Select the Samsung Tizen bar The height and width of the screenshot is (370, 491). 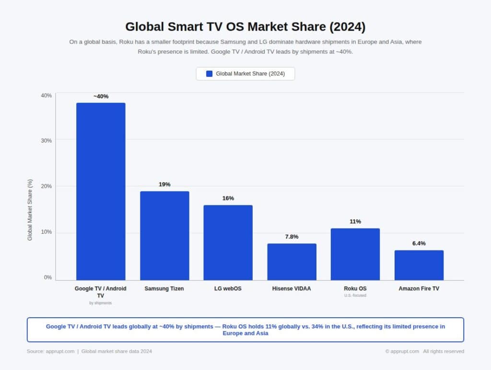pos(164,235)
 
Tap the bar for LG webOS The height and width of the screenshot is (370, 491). pos(228,242)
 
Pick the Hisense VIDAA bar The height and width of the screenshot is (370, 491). pos(292,262)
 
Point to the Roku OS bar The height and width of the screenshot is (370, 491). pos(355,254)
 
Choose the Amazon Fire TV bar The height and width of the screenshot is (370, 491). pos(419,265)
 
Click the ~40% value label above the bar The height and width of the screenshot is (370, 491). pos(101,96)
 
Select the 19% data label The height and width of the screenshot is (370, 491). pos(164,184)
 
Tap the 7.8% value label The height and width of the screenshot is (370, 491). pos(292,237)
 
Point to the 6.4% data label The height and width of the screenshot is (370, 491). pos(419,243)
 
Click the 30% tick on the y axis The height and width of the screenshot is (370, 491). pos(46,141)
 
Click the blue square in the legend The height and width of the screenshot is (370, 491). pos(209,73)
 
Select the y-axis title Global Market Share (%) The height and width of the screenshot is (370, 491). pos(30,210)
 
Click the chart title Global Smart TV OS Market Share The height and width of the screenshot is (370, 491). pos(245,26)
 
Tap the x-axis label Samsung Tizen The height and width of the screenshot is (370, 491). pos(164,289)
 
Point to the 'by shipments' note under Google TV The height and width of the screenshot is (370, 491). pos(101,303)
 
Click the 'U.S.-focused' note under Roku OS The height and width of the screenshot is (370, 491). pos(355,296)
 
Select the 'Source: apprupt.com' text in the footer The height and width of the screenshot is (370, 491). pos(50,351)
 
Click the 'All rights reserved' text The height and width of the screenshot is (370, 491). pos(443,351)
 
